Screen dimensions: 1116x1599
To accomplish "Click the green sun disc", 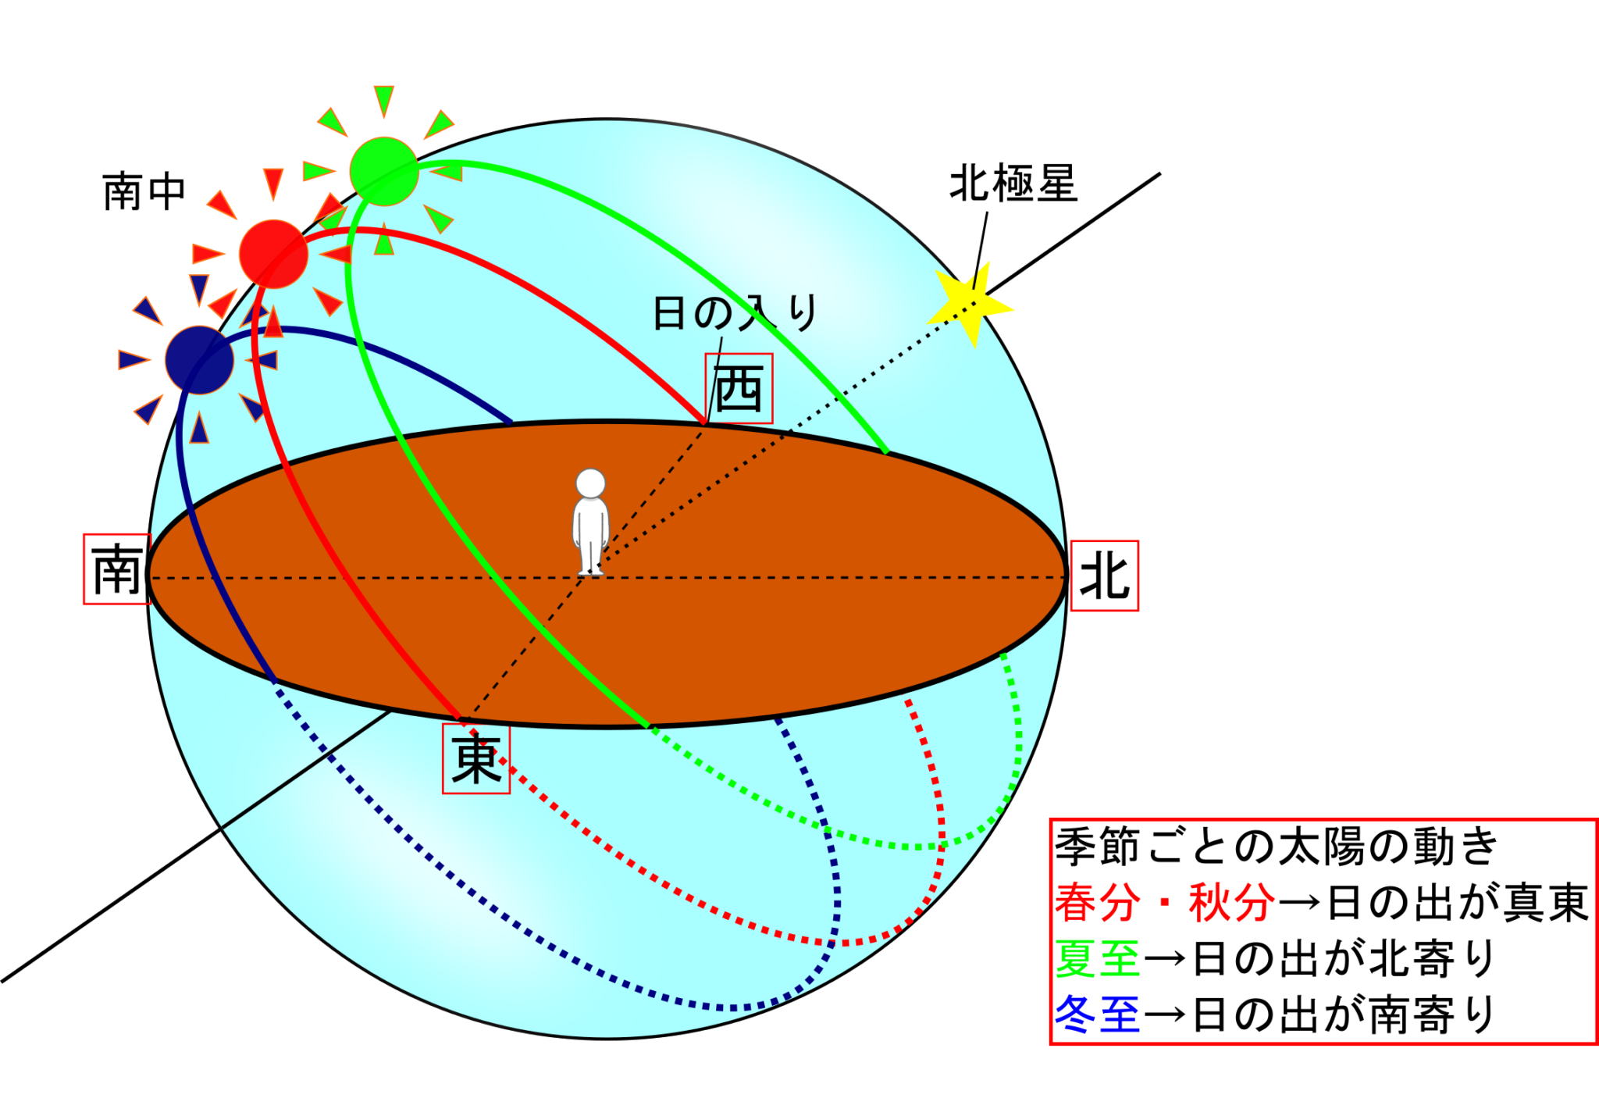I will pyautogui.click(x=383, y=171).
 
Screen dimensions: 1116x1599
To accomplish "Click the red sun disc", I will pyautogui.click(x=272, y=254).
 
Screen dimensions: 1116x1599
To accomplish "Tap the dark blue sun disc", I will pyautogui.click(x=199, y=360).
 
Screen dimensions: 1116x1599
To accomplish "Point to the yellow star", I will pyautogui.click(x=970, y=301).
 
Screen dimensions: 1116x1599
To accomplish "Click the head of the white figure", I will pyautogui.click(x=590, y=483).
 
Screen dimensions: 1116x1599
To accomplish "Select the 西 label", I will pyautogui.click(x=739, y=388).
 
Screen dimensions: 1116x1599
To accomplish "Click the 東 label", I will pyautogui.click(x=476, y=759).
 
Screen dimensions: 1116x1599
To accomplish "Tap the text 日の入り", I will pyautogui.click(x=734, y=312).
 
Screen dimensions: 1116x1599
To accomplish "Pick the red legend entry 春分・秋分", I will pyautogui.click(x=1164, y=902).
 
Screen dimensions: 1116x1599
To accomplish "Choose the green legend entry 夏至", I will pyautogui.click(x=1097, y=958).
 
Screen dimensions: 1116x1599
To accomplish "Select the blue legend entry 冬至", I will pyautogui.click(x=1097, y=1014).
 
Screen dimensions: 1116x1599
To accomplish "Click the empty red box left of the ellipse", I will pyautogui.click(x=116, y=569).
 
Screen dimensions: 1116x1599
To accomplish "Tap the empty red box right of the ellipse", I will pyautogui.click(x=1104, y=576).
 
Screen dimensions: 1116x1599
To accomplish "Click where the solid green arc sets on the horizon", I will pyautogui.click(x=885, y=451).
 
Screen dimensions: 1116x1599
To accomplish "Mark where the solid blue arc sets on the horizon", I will pyautogui.click(x=511, y=423).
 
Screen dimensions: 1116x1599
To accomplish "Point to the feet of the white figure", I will pyautogui.click(x=591, y=571).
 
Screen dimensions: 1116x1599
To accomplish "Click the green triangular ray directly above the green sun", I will pyautogui.click(x=383, y=101).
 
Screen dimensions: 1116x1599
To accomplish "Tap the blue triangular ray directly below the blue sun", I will pyautogui.click(x=199, y=429).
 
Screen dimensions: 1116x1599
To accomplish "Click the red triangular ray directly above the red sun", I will pyautogui.click(x=272, y=184).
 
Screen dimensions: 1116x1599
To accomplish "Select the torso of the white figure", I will pyautogui.click(x=590, y=523).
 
